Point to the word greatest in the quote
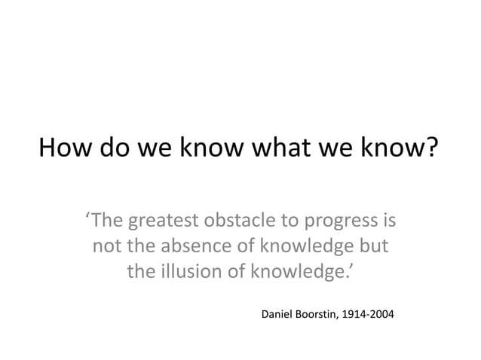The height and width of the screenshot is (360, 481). (x=162, y=223)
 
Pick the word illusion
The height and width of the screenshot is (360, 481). (x=189, y=270)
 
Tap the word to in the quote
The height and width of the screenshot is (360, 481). (x=287, y=223)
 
